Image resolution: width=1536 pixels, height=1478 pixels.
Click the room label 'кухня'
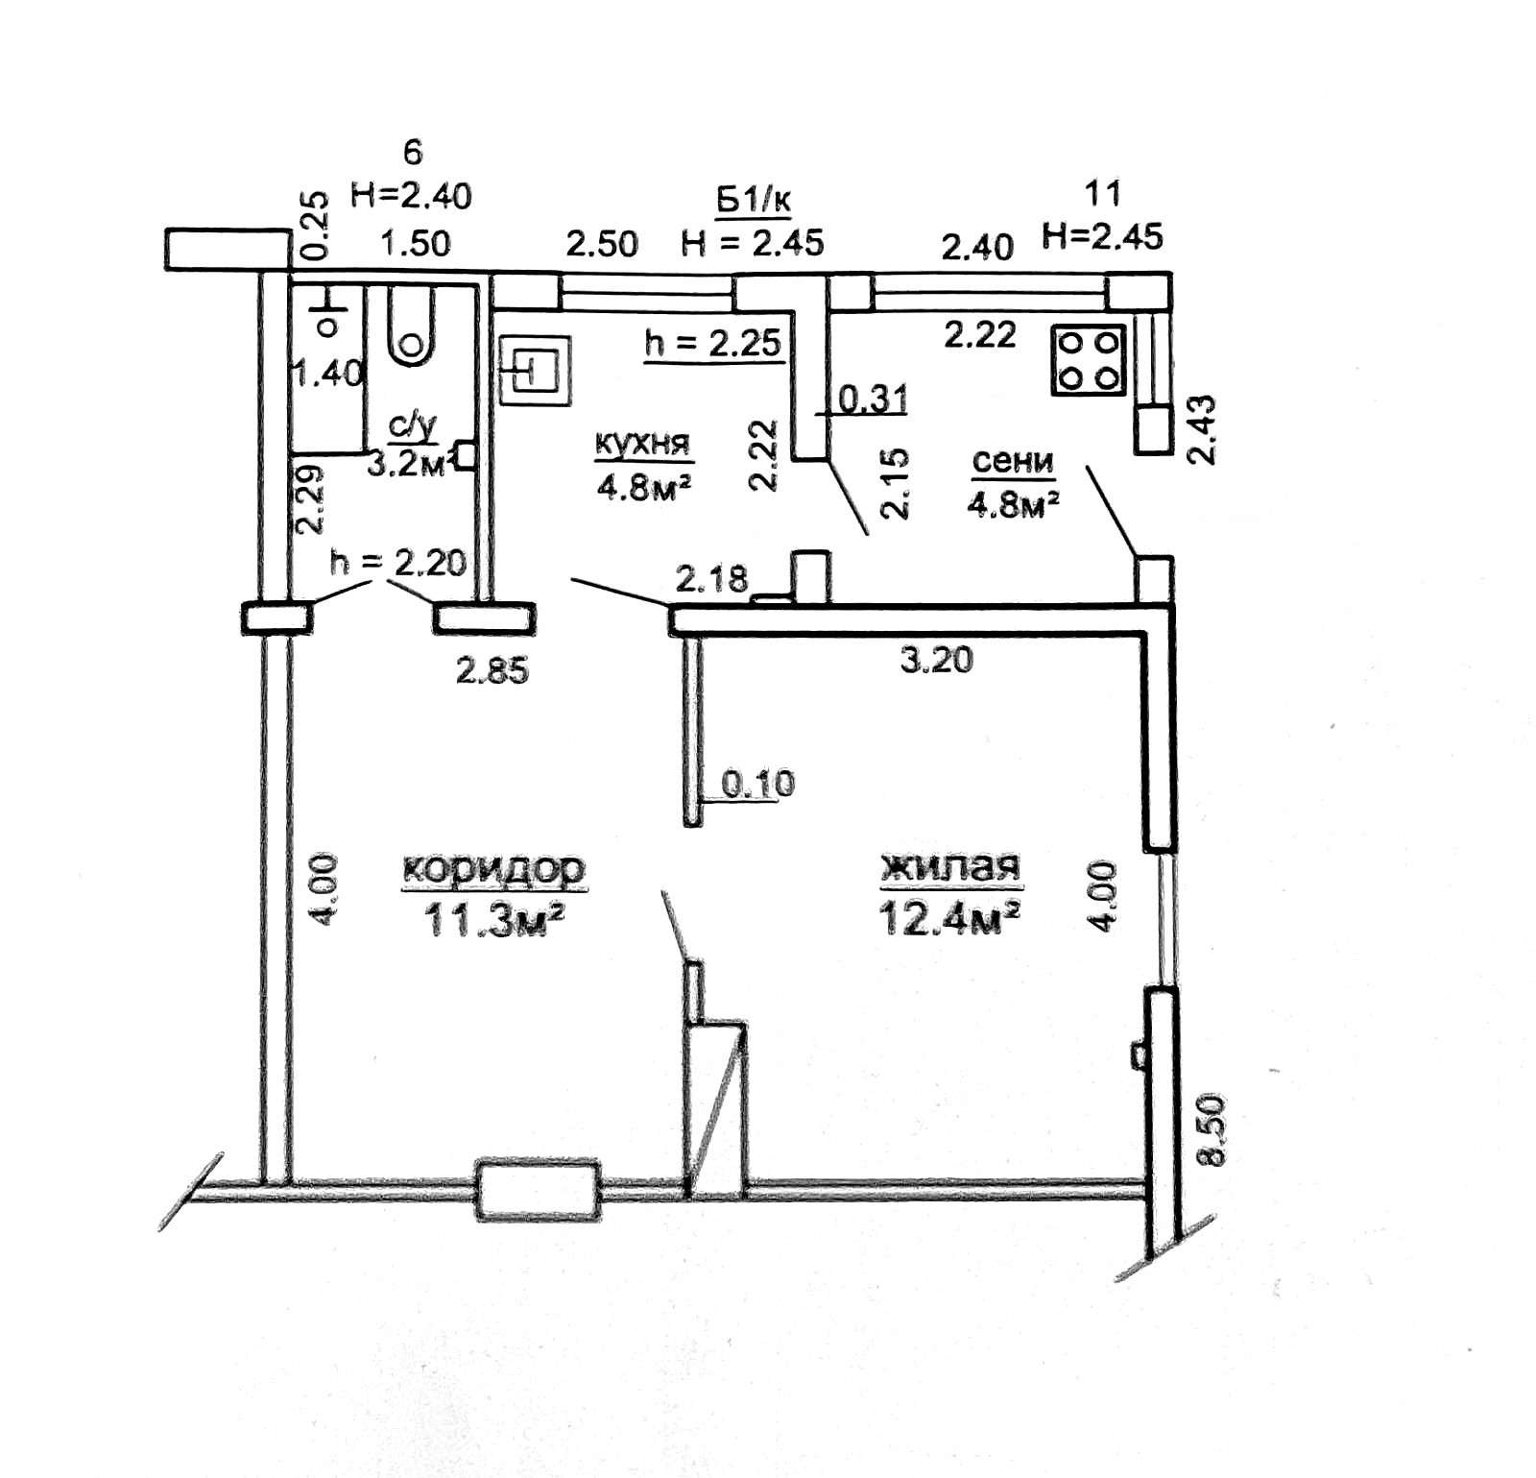click(642, 444)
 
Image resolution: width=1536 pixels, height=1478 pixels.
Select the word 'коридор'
click(493, 868)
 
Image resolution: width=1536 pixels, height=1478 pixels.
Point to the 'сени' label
click(1013, 462)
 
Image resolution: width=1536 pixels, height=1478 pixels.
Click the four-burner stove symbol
click(1088, 360)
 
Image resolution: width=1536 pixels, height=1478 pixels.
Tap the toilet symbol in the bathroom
click(412, 327)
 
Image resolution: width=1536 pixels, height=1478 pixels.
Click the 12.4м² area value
click(948, 919)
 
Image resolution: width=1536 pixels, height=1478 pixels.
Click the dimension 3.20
click(937, 660)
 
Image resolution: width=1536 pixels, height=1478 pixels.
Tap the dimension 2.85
click(492, 670)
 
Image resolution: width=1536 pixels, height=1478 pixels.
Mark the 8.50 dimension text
click(1213, 1129)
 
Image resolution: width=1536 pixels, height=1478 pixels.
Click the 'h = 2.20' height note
click(397, 562)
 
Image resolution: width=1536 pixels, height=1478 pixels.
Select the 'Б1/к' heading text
click(753, 202)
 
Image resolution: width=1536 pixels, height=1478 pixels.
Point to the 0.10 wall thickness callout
click(757, 784)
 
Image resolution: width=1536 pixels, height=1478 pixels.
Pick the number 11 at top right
click(1102, 193)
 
